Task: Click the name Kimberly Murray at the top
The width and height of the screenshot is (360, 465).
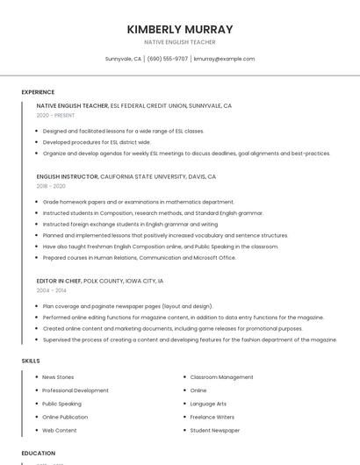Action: pos(180,29)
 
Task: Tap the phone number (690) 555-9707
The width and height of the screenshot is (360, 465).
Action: pos(168,59)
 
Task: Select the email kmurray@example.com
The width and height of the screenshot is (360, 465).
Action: pos(224,59)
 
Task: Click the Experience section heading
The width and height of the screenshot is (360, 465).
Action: pos(38,92)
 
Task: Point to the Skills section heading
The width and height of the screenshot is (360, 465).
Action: pos(31,361)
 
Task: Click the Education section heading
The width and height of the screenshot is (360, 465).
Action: pos(39,454)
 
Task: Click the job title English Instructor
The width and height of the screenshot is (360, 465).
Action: pos(68,176)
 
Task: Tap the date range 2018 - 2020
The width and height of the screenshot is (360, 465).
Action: pos(51,186)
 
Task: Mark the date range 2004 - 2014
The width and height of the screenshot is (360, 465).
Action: pos(51,290)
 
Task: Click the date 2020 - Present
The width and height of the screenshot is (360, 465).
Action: pos(55,115)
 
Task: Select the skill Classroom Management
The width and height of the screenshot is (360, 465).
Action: pos(221,377)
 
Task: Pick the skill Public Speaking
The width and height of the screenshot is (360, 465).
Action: pos(61,404)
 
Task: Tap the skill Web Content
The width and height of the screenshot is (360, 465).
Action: pos(59,431)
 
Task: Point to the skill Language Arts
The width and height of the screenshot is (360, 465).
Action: pos(208,404)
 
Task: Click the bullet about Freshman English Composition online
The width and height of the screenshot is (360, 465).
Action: pos(160,247)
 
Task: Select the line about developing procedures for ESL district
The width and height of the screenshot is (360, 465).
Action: pos(97,142)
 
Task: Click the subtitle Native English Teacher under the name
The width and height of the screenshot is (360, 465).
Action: pos(180,42)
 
